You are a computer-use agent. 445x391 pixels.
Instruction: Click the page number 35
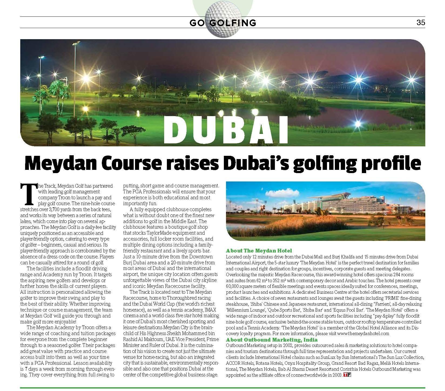tap(421, 23)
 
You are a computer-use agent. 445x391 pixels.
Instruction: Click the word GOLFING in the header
tap(233, 23)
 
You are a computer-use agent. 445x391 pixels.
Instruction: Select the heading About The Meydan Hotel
tap(259, 251)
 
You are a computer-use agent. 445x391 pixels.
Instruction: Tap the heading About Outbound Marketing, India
tap(272, 339)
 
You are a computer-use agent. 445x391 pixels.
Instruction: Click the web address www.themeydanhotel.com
tap(363, 333)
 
